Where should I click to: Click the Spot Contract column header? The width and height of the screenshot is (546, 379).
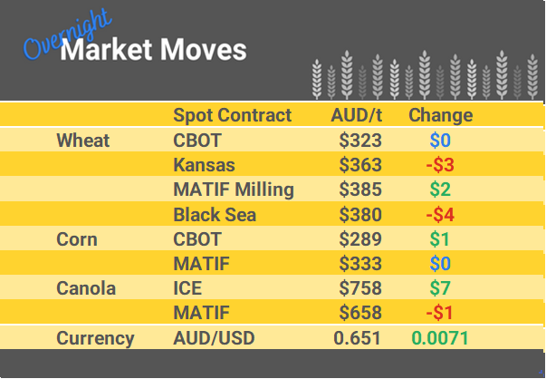pos(232,115)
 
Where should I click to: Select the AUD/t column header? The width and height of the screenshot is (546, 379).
pos(356,115)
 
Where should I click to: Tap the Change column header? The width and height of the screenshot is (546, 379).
pos(440,115)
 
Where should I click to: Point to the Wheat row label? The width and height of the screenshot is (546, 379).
pos(82,141)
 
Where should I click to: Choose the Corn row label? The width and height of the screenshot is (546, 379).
pos(77,239)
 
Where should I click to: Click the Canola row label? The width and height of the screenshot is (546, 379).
pos(86,288)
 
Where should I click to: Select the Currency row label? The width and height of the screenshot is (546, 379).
pos(95,338)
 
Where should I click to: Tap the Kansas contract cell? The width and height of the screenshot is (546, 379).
pos(204,165)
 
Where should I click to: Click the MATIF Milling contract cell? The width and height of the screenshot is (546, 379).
pos(233,189)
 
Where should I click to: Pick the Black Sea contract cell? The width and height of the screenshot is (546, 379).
pos(215,215)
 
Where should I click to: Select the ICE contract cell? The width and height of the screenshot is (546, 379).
pos(187,288)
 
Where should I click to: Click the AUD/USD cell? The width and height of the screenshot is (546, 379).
pos(214,338)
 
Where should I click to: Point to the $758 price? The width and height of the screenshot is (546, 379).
pos(360,288)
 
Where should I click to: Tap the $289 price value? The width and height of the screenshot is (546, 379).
pos(360,239)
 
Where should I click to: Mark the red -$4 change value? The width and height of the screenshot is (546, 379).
pos(440,215)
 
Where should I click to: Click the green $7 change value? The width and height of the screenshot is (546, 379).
pos(440,288)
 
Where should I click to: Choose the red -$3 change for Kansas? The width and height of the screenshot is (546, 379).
pos(440,165)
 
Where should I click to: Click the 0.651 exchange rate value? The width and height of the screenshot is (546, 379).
pos(358,338)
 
